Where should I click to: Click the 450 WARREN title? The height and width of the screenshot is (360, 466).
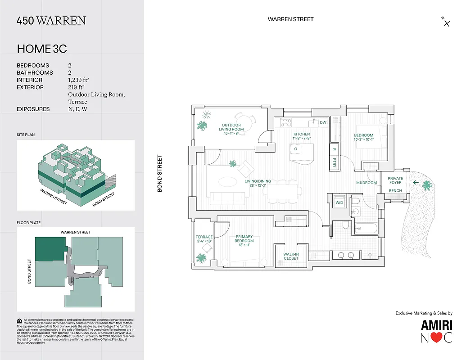51,21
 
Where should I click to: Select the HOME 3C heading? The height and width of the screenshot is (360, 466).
42,49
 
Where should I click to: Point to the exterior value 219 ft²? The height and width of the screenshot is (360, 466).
76,87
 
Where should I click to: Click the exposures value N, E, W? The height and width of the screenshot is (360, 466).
77,109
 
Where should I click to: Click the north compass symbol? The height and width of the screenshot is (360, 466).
446,22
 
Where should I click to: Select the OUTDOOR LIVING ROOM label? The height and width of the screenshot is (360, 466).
231,127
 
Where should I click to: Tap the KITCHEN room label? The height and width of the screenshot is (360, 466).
301,134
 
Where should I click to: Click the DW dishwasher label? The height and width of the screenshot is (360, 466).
323,122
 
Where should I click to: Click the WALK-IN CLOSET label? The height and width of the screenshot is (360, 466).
291,256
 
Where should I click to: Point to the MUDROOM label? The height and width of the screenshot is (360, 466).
366,183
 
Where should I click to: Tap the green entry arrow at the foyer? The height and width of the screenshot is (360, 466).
416,182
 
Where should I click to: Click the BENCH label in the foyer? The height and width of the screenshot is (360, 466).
395,191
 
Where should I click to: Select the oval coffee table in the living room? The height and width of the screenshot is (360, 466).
227,182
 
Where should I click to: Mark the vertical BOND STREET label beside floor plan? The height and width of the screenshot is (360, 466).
159,174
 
